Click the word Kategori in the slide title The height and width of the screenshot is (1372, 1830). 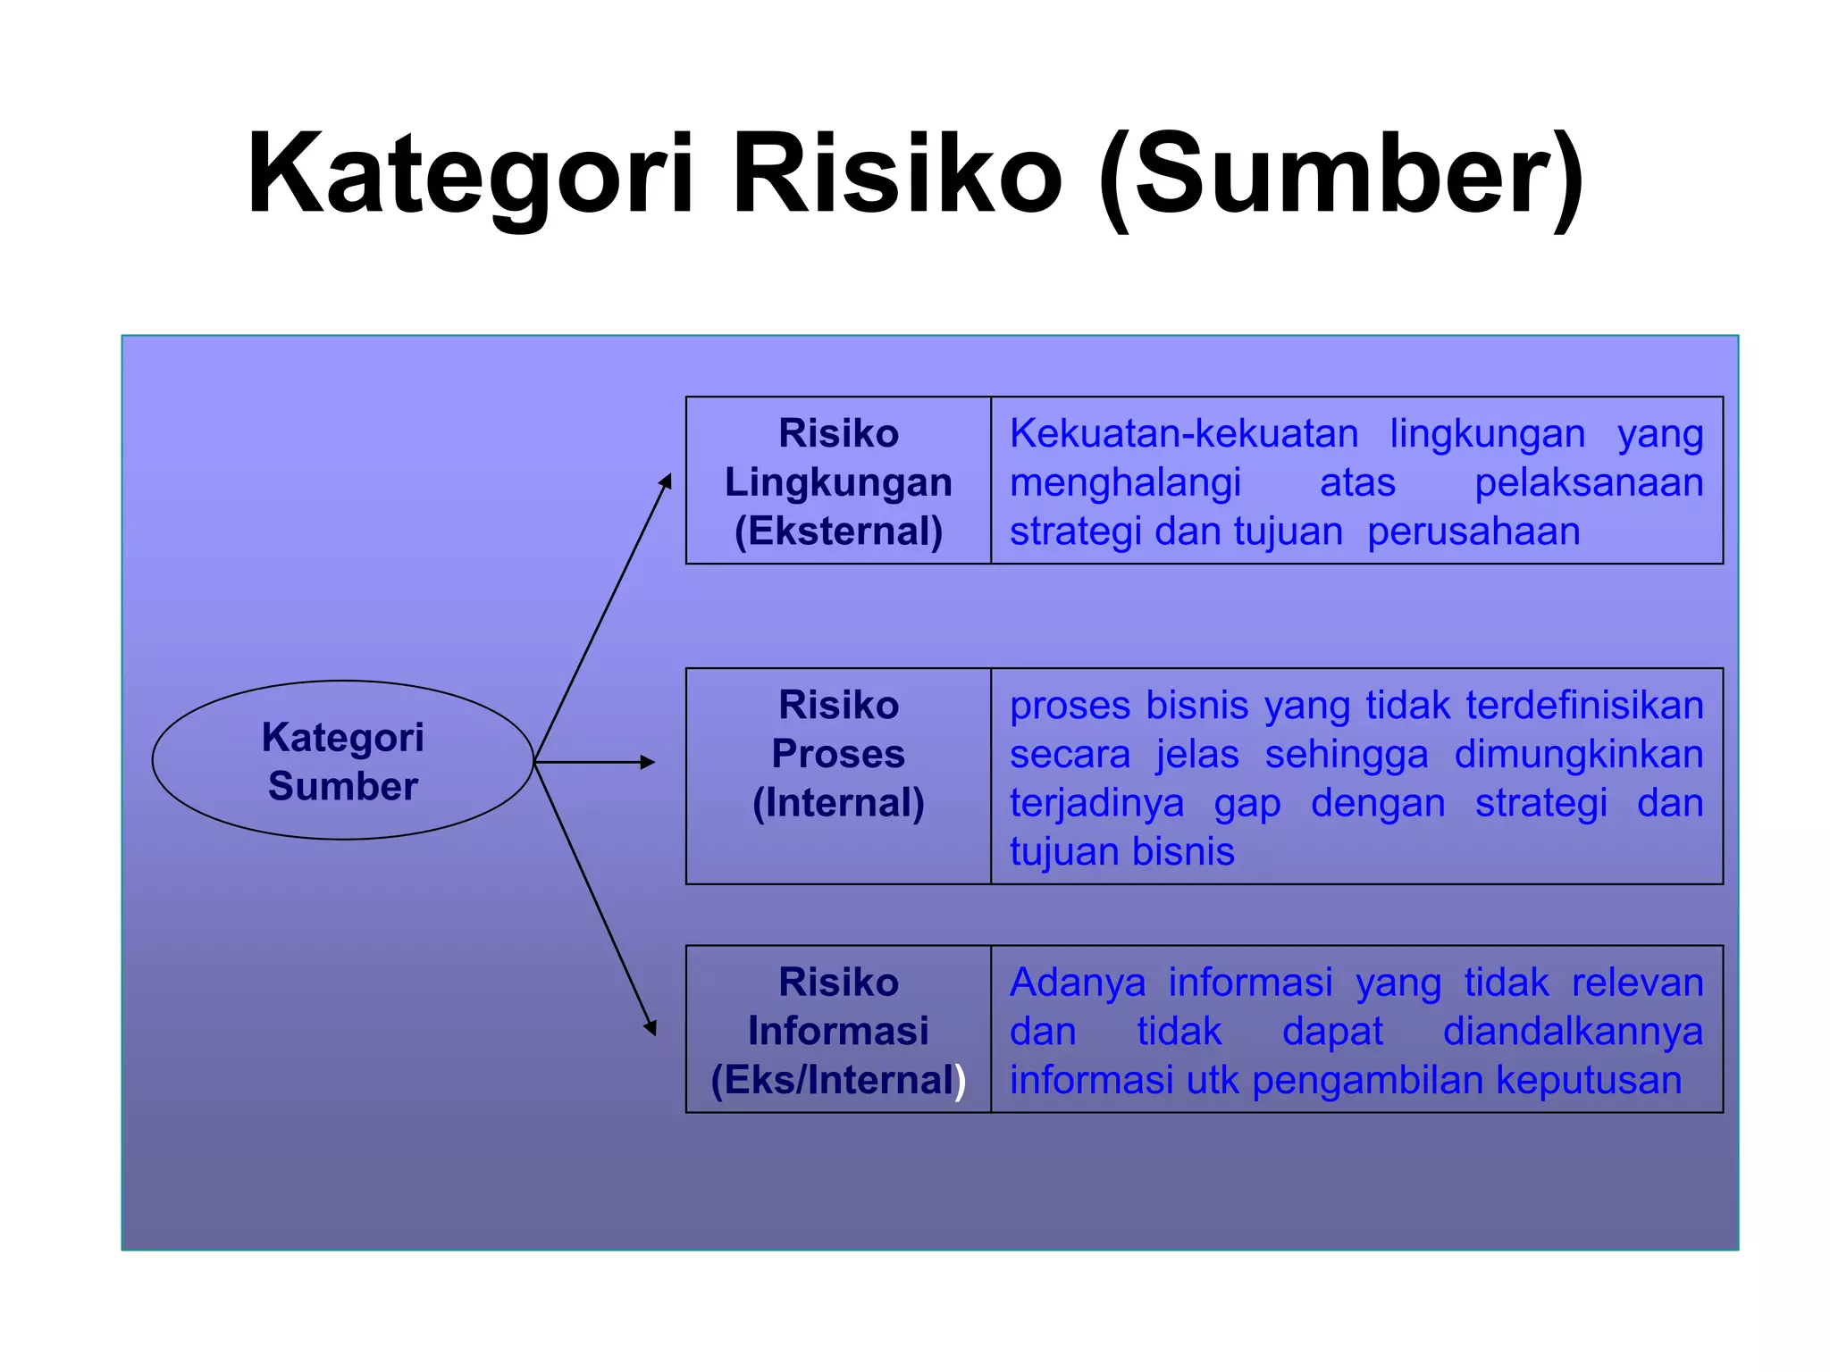(x=470, y=174)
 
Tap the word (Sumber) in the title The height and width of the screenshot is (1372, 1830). (x=1340, y=174)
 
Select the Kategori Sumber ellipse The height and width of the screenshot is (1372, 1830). (x=342, y=760)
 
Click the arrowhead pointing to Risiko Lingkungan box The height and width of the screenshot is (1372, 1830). (x=666, y=481)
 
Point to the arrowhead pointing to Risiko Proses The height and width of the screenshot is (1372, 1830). (x=649, y=762)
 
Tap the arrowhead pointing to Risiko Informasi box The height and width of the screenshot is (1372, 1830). (x=651, y=1027)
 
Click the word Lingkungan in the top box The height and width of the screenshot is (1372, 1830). (x=838, y=482)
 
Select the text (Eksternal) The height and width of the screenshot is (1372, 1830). (x=838, y=531)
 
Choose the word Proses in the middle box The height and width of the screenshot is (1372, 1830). (x=838, y=754)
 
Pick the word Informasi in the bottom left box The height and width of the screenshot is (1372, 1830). (x=838, y=1031)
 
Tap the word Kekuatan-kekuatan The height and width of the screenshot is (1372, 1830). (x=1184, y=434)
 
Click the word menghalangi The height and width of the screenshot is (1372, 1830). (x=1125, y=483)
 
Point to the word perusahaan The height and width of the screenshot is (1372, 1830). (x=1473, y=531)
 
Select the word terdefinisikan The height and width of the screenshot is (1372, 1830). (x=1584, y=706)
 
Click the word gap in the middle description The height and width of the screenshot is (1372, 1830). (x=1247, y=803)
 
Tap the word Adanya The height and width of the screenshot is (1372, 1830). (x=1077, y=983)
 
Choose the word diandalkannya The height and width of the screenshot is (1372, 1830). (x=1573, y=1032)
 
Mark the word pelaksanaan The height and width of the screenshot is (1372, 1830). (x=1588, y=483)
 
